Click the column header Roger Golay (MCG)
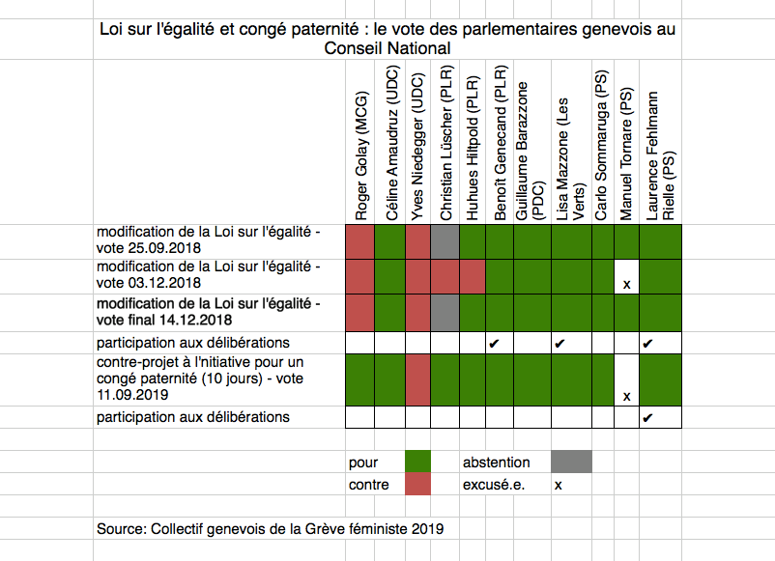[360, 155]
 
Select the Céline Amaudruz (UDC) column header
[391, 144]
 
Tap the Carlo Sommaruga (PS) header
[600, 145]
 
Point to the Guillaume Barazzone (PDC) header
[530, 151]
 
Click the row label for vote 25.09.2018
[208, 239]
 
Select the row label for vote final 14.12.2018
[208, 311]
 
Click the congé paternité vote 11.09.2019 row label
[200, 379]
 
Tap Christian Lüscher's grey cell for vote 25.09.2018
[445, 241]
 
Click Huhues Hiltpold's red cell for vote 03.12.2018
[472, 276]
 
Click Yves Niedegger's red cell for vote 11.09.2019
[417, 379]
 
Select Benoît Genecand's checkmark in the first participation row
[494, 343]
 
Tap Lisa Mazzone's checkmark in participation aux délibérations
[559, 343]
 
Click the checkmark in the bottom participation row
[647, 418]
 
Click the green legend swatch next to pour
[417, 462]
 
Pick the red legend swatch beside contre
[417, 484]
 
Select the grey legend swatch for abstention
[571, 462]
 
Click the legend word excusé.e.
[493, 485]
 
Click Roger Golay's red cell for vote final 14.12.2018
[359, 313]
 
